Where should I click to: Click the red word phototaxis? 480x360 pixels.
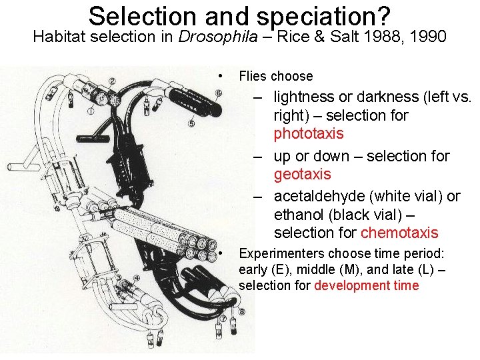[309, 133]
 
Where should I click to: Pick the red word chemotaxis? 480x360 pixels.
[399, 233]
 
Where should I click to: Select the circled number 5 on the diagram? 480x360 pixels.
[191, 123]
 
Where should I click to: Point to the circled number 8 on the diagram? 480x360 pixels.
[241, 311]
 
